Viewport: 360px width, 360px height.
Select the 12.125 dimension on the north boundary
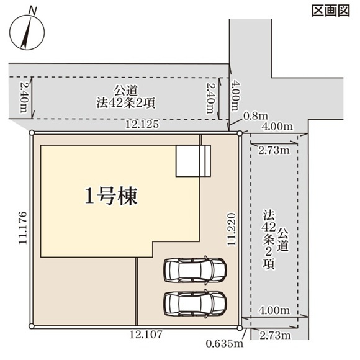tap(142, 125)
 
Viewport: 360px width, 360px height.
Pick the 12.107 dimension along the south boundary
tap(146, 335)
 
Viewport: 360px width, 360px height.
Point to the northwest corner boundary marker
tap(32, 132)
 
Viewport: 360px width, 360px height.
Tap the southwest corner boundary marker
tap(32, 325)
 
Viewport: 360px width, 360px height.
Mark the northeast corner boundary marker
tap(240, 132)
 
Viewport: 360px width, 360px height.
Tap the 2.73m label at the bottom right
tap(273, 336)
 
